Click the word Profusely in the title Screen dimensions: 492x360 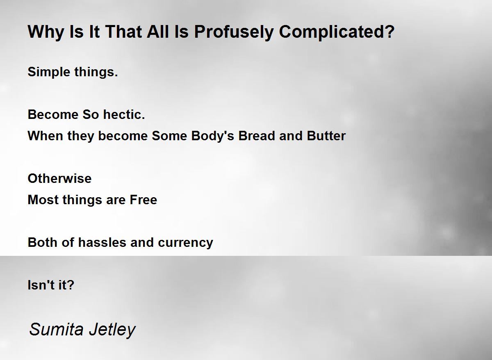tap(234, 32)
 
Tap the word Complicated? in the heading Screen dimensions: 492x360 tap(337, 32)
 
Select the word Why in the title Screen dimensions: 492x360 tap(46, 32)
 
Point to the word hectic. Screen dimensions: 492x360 tap(124, 115)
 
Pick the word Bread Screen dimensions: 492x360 tap(257, 136)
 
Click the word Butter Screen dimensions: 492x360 tap(326, 136)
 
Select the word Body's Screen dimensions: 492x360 tap(213, 136)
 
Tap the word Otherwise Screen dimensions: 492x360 tap(59, 178)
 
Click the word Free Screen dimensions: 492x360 tap(143, 200)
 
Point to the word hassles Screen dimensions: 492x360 tap(102, 242)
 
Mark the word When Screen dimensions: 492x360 tap(46, 136)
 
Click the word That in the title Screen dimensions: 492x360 tap(123, 32)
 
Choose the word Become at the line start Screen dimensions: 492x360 tap(53, 115)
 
